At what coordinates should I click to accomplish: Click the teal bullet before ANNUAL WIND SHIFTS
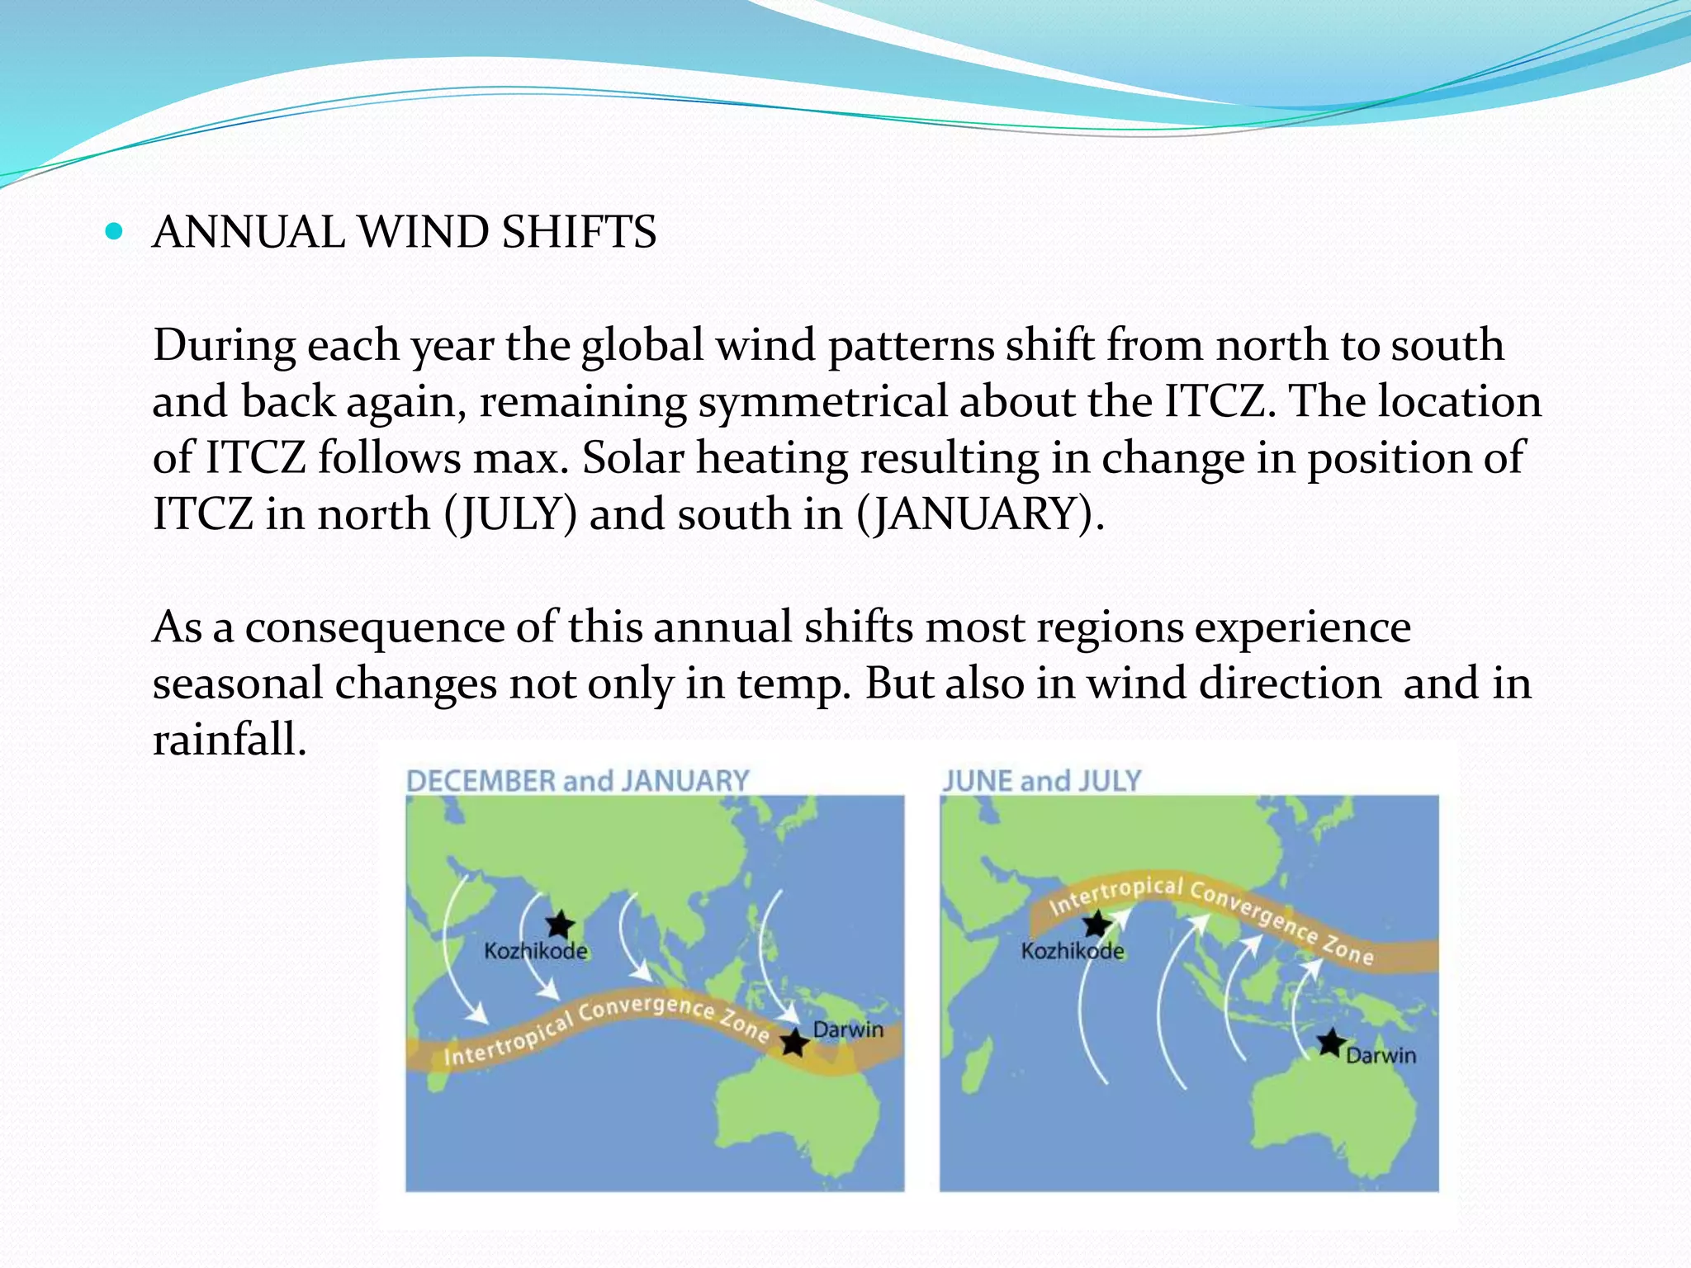114,232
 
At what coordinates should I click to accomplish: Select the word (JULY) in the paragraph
510,514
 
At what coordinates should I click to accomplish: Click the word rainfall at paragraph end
230,739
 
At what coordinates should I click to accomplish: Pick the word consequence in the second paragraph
374,627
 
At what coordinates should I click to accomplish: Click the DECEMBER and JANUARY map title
577,781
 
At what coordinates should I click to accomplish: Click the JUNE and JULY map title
1041,781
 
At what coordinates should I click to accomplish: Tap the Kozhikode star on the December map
560,925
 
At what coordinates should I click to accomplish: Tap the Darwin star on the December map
794,1043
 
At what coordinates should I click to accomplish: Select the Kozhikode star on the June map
1097,924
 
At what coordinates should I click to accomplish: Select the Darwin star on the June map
1330,1043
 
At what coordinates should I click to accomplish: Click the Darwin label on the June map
1381,1056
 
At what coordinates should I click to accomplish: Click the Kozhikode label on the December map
536,951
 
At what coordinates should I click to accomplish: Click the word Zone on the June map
1348,949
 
